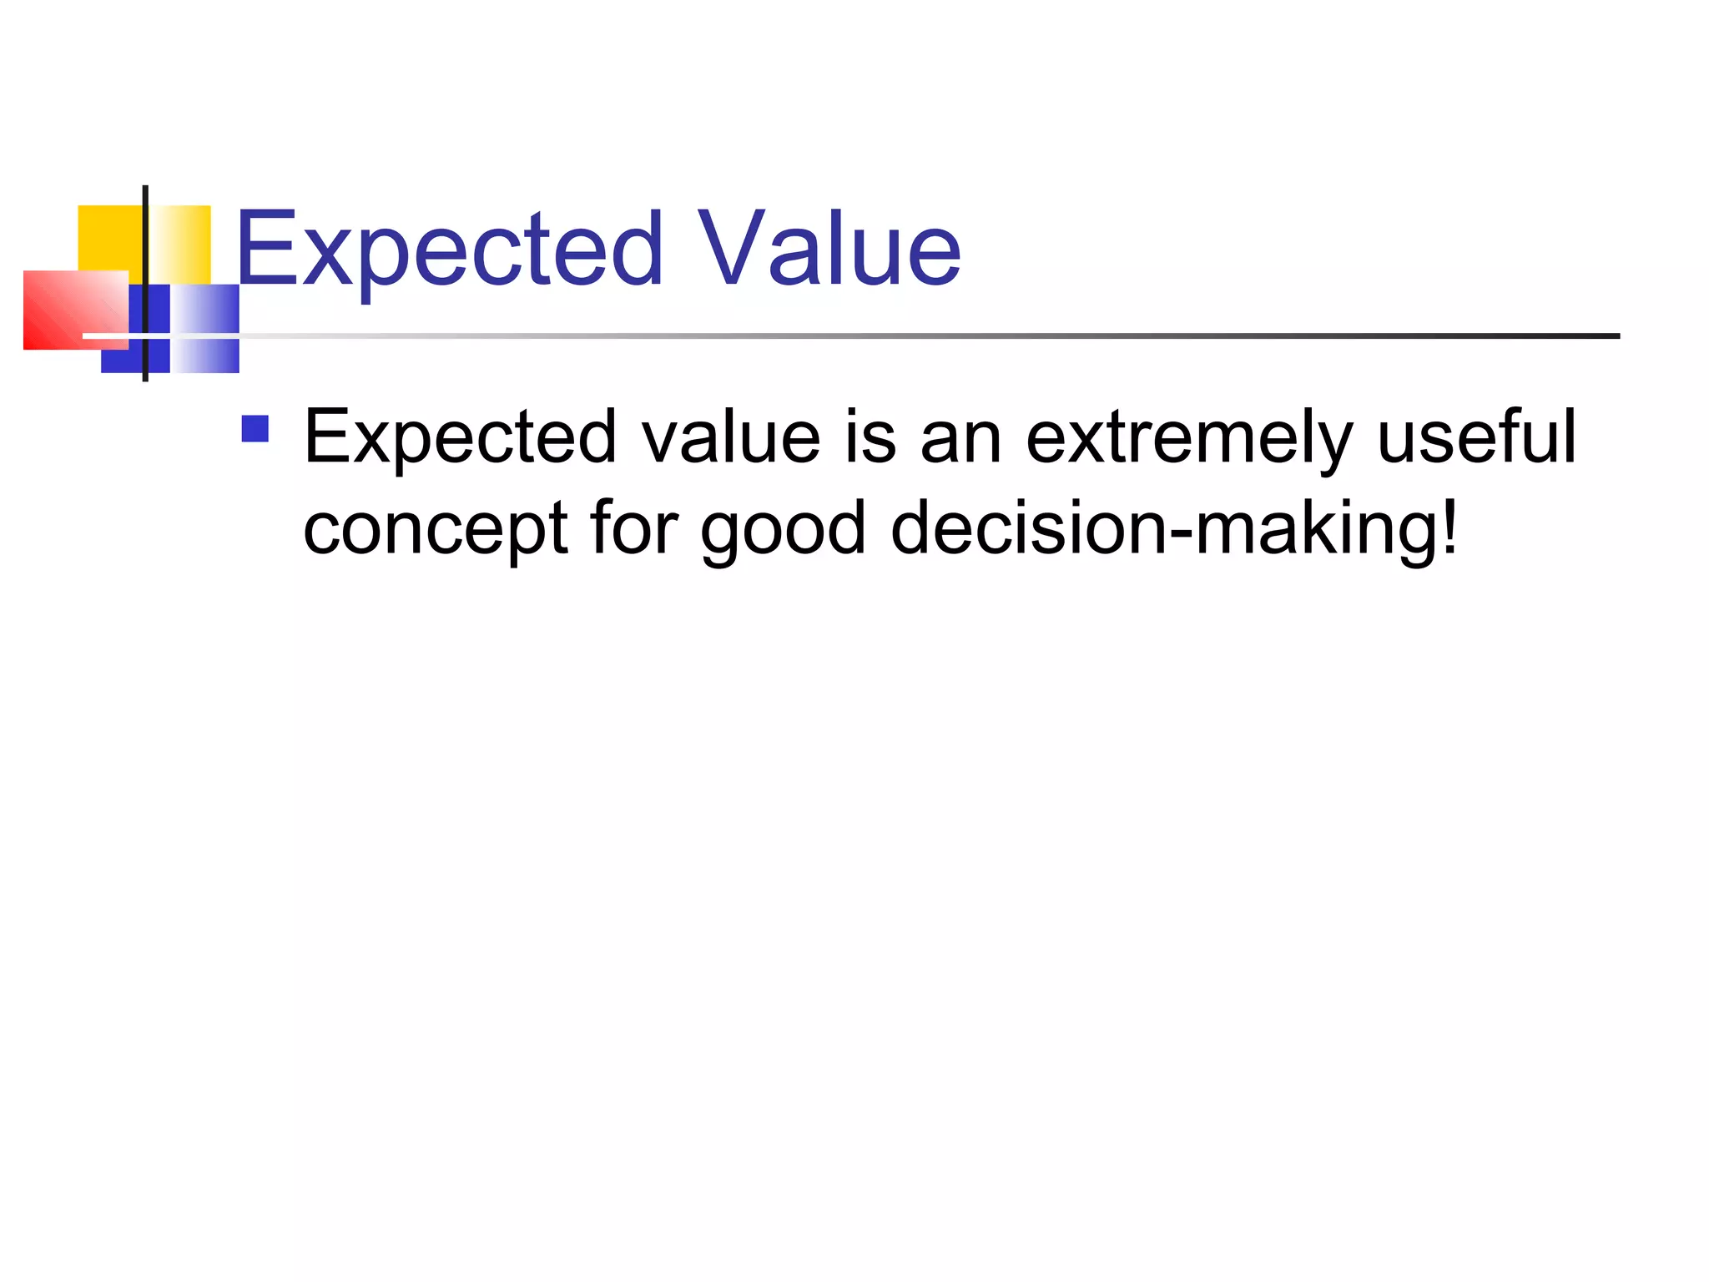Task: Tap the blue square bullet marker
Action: (x=255, y=429)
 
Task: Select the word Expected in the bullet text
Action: (x=461, y=438)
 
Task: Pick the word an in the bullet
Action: (x=960, y=438)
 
